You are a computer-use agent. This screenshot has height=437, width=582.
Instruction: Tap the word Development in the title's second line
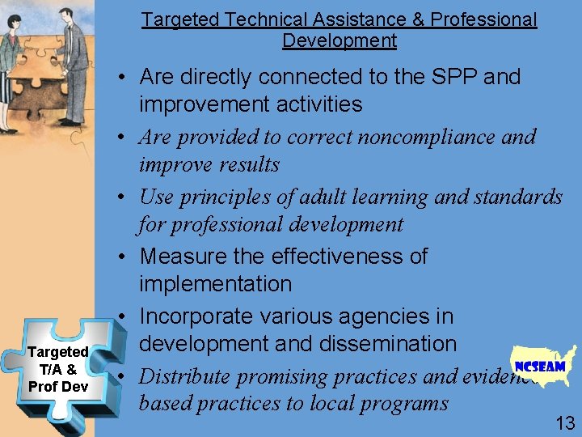click(x=339, y=40)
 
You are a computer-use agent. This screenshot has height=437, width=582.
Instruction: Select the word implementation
click(x=215, y=284)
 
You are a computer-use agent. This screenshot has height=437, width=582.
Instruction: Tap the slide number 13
click(x=564, y=422)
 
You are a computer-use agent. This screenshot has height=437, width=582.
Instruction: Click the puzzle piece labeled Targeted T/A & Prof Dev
click(x=58, y=368)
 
